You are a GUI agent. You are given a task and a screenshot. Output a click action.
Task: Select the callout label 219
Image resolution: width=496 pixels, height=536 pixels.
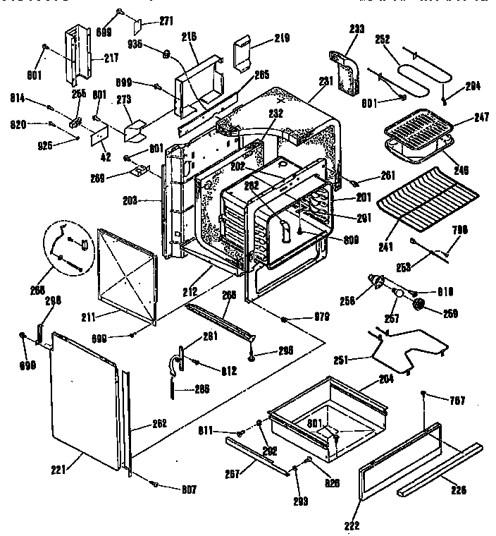pos(262,39)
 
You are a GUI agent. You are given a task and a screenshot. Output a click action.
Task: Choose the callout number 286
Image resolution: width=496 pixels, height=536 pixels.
pos(201,389)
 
